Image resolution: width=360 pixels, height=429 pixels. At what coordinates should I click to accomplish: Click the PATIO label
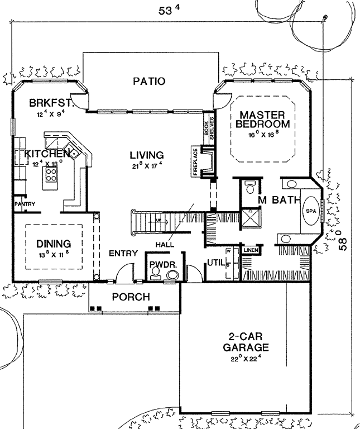(x=149, y=82)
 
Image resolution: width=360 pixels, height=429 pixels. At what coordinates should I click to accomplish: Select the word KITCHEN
(x=42, y=153)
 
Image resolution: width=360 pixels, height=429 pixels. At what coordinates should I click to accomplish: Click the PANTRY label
(x=25, y=204)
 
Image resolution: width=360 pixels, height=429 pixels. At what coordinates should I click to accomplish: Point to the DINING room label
(x=54, y=244)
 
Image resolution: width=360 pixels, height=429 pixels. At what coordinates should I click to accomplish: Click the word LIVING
(x=147, y=155)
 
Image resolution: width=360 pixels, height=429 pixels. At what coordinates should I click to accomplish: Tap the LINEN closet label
(x=249, y=250)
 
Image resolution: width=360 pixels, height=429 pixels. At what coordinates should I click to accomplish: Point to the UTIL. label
(x=215, y=261)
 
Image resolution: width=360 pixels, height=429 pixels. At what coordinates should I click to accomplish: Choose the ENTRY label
(x=123, y=253)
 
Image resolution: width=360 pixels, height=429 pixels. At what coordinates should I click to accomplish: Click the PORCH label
(x=131, y=297)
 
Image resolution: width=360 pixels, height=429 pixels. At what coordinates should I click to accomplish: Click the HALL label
(x=166, y=244)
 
